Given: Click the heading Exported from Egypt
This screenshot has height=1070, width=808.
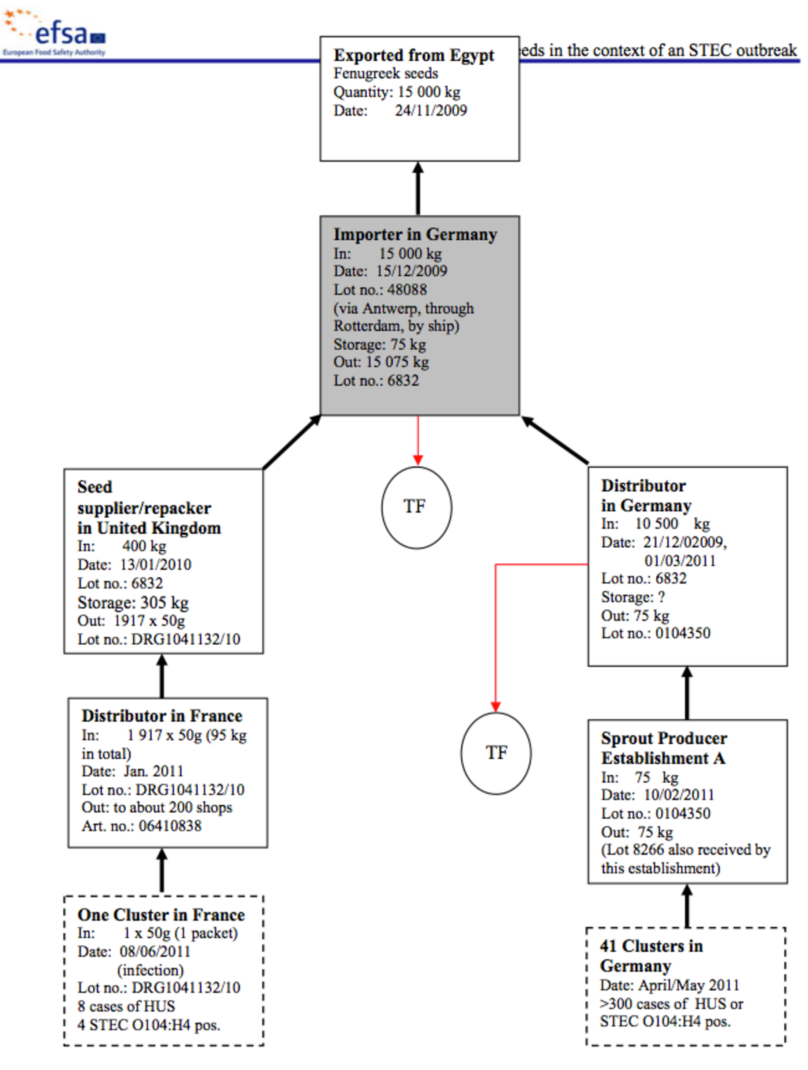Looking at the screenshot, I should coord(414,56).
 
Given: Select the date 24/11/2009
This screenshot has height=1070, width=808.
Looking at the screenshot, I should coord(430,111).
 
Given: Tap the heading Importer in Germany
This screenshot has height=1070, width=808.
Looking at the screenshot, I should coord(415,235).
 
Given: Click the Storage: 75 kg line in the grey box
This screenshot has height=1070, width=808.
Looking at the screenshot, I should coord(380,344).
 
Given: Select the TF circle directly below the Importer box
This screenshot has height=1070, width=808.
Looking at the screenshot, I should coord(416,507).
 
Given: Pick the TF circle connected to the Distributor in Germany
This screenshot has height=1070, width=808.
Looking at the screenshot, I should coord(496,753).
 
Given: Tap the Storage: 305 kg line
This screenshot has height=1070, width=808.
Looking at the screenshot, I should coord(133,603).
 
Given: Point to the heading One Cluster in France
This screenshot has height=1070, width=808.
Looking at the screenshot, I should coord(161,915).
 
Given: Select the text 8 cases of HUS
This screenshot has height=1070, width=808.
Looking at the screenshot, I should coord(126,1006).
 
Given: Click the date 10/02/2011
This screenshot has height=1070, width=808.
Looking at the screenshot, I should coord(678,795).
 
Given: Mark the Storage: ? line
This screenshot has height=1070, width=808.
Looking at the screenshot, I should coord(632,597).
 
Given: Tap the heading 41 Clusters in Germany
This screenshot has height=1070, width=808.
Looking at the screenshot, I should coord(652,955).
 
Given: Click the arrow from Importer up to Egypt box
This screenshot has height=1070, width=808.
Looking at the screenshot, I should coord(418,189).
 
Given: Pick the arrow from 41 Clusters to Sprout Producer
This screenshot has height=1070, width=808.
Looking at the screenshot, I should coord(687,906).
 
